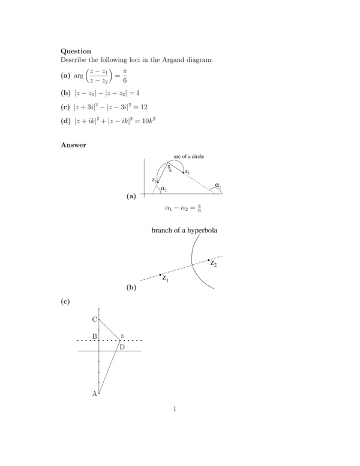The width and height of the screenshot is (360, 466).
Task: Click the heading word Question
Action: point(76,52)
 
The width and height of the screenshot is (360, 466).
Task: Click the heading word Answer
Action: point(73,145)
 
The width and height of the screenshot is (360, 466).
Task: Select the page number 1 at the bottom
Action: point(174,410)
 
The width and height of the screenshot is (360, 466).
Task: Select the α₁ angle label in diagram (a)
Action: point(218,186)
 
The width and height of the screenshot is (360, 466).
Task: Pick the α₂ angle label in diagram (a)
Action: point(163,189)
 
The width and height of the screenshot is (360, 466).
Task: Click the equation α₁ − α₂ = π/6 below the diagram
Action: point(183,209)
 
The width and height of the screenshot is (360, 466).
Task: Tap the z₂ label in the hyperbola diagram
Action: point(213,264)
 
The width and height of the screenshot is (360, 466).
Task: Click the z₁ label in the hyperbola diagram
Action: point(165,279)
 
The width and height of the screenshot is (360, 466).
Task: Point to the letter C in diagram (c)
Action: point(94,319)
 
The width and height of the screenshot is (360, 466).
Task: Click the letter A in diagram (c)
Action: point(94,394)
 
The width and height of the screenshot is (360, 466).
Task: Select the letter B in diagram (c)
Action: point(94,337)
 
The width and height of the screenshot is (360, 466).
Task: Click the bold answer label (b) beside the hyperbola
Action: point(131,288)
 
